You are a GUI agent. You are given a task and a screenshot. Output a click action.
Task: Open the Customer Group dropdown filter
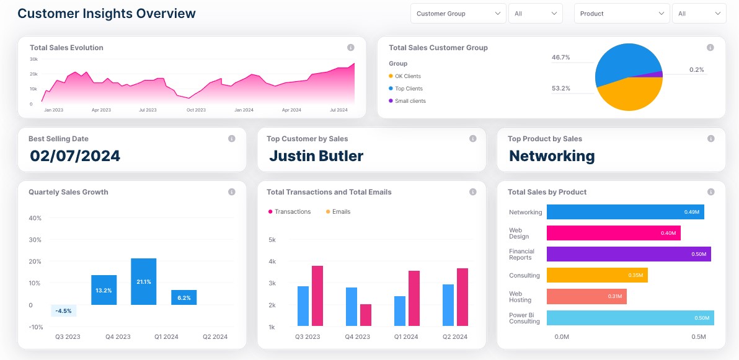coord(458,14)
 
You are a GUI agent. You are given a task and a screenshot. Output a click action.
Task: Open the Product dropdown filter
coord(621,14)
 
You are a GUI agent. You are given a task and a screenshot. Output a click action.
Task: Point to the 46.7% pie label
coord(560,58)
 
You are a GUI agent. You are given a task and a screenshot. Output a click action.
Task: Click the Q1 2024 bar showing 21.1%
coord(143,281)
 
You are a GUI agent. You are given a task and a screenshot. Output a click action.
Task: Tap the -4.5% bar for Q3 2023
coord(63,310)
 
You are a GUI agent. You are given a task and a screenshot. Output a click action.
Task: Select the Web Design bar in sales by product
coord(613,233)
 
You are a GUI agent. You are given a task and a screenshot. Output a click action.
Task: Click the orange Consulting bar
coord(596,275)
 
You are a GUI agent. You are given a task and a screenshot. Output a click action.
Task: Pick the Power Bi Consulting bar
coord(630,318)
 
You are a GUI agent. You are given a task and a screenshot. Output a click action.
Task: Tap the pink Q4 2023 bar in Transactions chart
coord(366,315)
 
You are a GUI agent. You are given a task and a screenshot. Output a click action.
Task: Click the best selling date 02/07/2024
coord(75,156)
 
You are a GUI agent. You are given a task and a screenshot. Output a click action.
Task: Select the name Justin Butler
coord(316,156)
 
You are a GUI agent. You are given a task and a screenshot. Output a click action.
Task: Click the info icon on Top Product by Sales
coord(712,139)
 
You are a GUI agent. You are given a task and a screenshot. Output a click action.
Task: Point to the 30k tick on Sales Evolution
coord(33,59)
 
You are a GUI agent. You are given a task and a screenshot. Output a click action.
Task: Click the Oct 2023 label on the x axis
coord(196,110)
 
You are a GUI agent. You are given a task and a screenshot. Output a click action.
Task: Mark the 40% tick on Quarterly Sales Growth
coord(35,218)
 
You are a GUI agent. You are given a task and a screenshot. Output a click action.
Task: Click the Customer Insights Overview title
coord(107,14)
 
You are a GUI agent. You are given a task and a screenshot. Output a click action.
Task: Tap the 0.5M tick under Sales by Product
coord(699,337)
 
